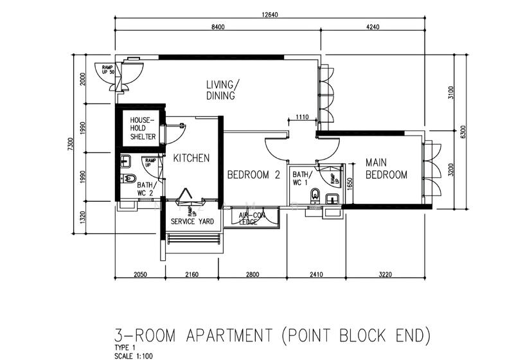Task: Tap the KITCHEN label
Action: pyautogui.click(x=191, y=158)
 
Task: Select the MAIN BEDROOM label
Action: pyautogui.click(x=386, y=168)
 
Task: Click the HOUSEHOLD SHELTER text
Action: pyautogui.click(x=143, y=128)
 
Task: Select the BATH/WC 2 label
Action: pyautogui.click(x=145, y=188)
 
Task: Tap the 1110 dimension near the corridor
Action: pyautogui.click(x=303, y=118)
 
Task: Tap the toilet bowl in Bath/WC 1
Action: pyautogui.click(x=315, y=195)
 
